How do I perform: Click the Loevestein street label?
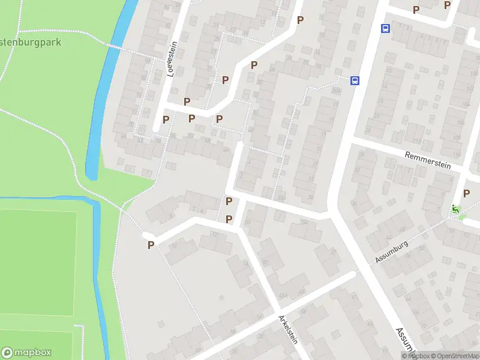[x=172, y=59]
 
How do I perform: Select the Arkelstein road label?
[x=287, y=329]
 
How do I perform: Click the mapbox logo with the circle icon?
[x=26, y=353]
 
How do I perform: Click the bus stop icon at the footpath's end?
[x=355, y=80]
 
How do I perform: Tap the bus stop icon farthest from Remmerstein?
[x=385, y=28]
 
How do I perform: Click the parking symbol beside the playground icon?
[x=467, y=193]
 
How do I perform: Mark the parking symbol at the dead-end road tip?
[x=151, y=244]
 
